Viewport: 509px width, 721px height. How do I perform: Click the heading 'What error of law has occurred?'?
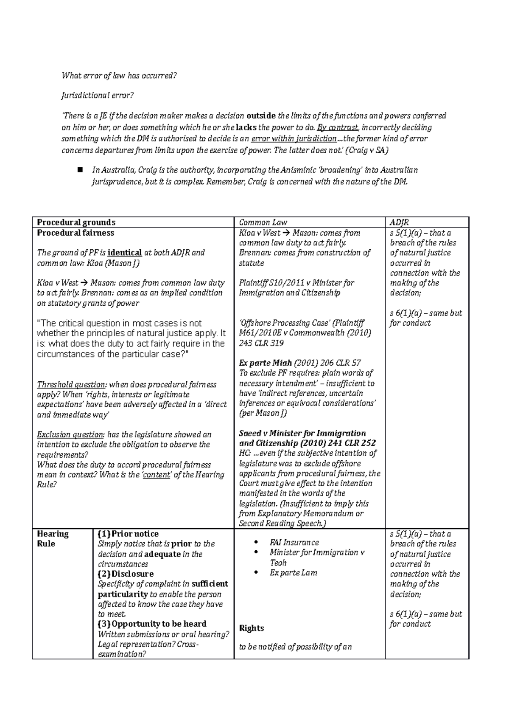pyautogui.click(x=118, y=76)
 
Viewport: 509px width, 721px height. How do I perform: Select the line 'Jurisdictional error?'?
pyautogui.click(x=98, y=96)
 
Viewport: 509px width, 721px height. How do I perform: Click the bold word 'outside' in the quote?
pyautogui.click(x=261, y=115)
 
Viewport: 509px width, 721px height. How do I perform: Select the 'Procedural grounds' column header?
pyautogui.click(x=76, y=222)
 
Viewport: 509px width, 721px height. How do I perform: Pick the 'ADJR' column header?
pyautogui.click(x=399, y=222)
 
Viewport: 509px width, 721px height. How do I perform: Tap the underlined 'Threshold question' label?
pyautogui.click(x=71, y=385)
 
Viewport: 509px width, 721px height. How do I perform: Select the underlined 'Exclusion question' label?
pyautogui.click(x=70, y=435)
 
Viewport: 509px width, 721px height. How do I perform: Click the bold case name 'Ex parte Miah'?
pyautogui.click(x=266, y=363)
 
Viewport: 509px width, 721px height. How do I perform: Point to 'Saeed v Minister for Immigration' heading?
pyautogui.click(x=302, y=433)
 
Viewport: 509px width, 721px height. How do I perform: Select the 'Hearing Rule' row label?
pyautogui.click(x=53, y=538)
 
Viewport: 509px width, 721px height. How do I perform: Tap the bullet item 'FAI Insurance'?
pyautogui.click(x=294, y=543)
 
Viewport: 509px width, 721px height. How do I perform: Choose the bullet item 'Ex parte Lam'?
pyautogui.click(x=293, y=573)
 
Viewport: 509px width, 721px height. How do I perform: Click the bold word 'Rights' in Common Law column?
pyautogui.click(x=252, y=628)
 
